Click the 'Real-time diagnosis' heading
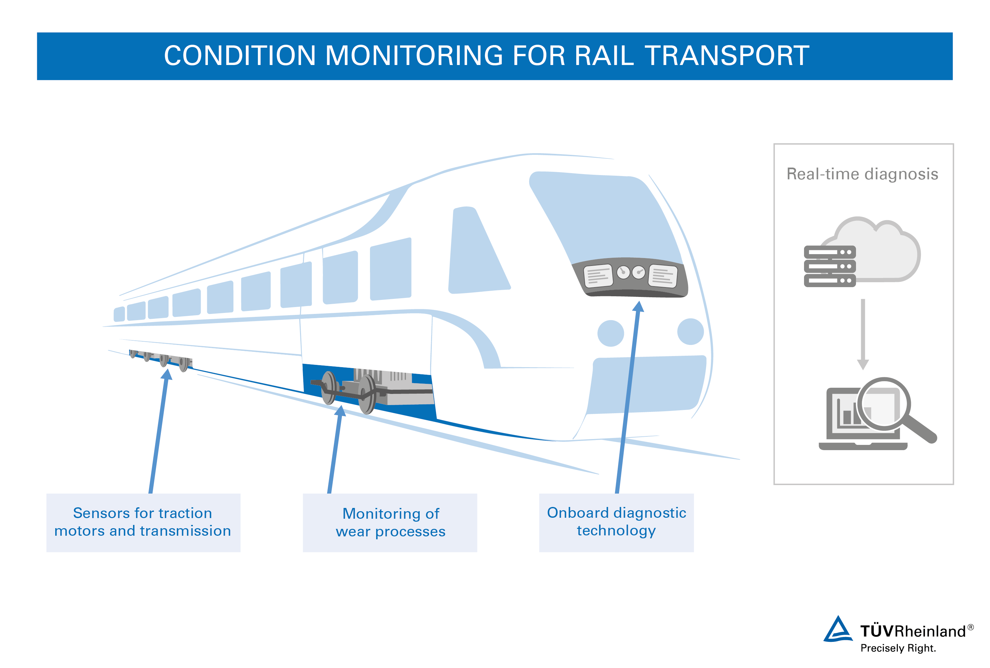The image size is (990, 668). (862, 174)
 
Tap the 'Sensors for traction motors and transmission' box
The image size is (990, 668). (143, 522)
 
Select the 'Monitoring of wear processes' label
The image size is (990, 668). (390, 522)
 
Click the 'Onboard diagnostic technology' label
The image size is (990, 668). (616, 522)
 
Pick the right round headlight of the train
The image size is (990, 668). (690, 332)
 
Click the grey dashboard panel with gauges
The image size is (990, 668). (630, 277)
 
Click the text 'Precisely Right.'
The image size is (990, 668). (898, 648)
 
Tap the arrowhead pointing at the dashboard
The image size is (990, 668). (638, 306)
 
